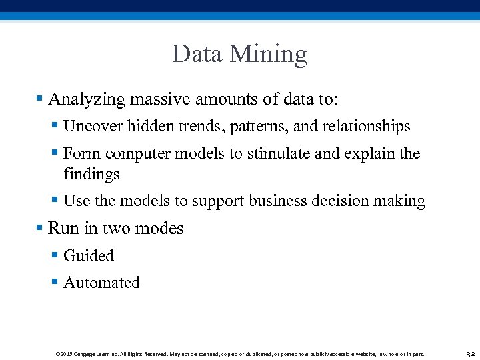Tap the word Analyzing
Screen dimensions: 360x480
pyautogui.click(x=87, y=100)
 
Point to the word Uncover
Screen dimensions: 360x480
pyautogui.click(x=89, y=126)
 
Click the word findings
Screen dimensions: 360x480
pyautogui.click(x=91, y=175)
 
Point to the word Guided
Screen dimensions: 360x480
pyautogui.click(x=89, y=256)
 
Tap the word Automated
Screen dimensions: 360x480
pyautogui.click(x=101, y=283)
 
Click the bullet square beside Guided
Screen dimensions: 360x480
pyautogui.click(x=55, y=255)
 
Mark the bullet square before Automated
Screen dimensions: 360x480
pyautogui.click(x=55, y=282)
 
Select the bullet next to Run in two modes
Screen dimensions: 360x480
pyautogui.click(x=40, y=228)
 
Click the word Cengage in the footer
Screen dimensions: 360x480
pyautogui.click(x=90, y=354)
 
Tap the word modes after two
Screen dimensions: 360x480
pyautogui.click(x=159, y=229)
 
